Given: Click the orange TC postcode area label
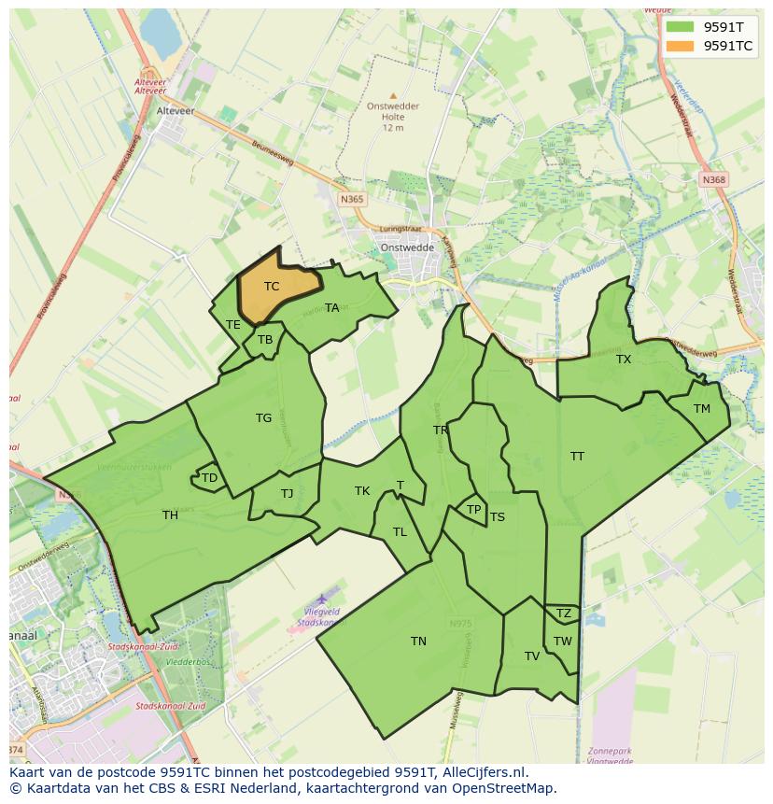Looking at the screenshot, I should coord(271,287).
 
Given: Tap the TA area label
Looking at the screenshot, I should coord(331,308).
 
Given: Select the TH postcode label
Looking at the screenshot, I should coord(170,515).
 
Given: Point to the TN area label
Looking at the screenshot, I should coord(418,641).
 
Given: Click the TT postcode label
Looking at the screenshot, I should coord(577,457).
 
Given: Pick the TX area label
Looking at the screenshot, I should coord(624,360).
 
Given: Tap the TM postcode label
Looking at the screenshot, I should coord(702,409).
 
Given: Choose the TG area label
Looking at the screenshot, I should coord(263,418).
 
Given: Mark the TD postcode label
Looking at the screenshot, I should coord(209,478).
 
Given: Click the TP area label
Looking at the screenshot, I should coord(473,510).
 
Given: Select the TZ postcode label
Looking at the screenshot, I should coord(563,614).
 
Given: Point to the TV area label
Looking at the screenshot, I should coord(532,656).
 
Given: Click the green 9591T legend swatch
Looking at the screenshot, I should coord(681,27).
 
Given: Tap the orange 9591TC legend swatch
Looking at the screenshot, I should coord(681,45).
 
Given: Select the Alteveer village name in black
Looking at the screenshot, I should coord(175,109).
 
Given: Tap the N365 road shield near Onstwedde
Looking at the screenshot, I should coord(352,199).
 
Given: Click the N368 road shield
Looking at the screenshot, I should coord(714,179).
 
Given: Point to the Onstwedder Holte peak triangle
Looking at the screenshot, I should coord(393,95).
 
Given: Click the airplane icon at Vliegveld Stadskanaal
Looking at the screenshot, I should coord(322,598).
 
